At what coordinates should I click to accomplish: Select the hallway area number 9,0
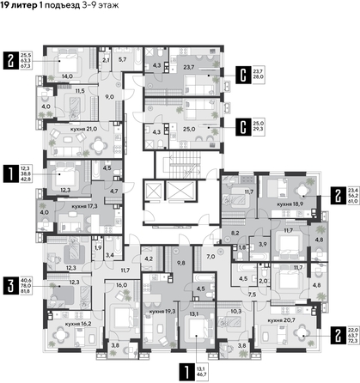[110, 97]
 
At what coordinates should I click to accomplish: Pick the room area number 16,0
[121, 284]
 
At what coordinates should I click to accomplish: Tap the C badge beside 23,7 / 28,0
[244, 73]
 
